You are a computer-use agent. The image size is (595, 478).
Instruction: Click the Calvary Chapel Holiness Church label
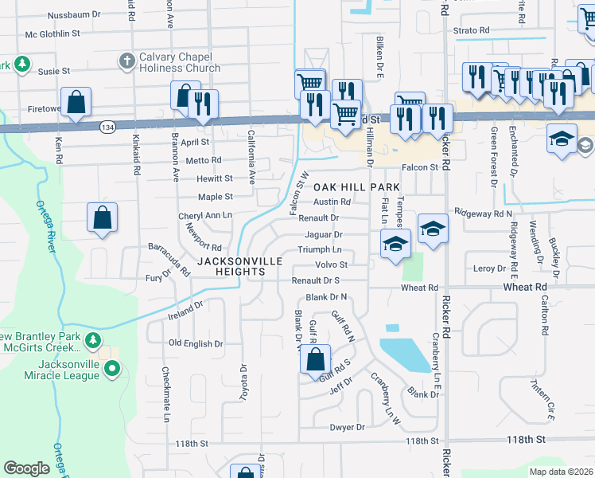click(x=180, y=63)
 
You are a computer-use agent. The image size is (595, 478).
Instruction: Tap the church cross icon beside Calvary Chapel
click(x=126, y=61)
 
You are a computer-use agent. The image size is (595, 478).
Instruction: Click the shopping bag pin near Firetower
click(x=76, y=103)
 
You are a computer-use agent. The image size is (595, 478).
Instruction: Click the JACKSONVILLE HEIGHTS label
click(x=231, y=266)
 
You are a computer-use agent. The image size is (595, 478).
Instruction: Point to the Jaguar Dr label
click(x=323, y=235)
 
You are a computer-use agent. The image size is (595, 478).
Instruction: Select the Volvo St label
click(x=332, y=264)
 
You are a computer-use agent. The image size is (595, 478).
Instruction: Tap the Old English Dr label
click(x=196, y=343)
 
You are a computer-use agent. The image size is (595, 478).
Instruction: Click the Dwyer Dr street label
click(x=347, y=428)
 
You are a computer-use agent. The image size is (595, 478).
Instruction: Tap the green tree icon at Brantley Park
click(x=93, y=340)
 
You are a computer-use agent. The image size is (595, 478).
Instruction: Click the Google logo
click(x=26, y=468)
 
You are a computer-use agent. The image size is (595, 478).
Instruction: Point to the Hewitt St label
click(x=216, y=178)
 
